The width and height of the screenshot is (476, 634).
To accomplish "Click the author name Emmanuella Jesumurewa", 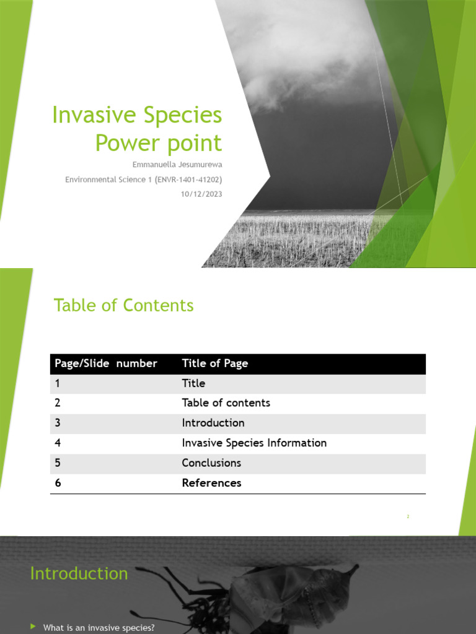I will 178,165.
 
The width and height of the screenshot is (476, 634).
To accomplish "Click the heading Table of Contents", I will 123,305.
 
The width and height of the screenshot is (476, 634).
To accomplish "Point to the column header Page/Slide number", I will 106,363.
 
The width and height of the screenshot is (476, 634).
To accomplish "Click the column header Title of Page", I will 214,363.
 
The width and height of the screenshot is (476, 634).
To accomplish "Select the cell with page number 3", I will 58,423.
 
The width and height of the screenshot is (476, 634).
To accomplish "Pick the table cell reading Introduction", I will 213,423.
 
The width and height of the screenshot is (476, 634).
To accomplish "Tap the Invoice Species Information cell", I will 254,443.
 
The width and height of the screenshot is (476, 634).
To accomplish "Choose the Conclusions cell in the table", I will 211,462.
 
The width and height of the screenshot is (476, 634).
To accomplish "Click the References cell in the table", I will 211,483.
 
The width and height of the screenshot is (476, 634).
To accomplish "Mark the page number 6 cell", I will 58,483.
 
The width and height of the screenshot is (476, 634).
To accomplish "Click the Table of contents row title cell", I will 226,402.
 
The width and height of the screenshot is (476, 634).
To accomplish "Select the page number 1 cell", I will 58,383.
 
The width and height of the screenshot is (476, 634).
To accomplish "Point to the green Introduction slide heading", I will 79,573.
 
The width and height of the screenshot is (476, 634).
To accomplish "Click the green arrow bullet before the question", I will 33,627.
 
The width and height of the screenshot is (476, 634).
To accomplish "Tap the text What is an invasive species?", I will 99,628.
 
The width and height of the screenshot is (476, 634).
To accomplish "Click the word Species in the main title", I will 182,115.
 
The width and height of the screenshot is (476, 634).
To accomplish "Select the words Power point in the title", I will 158,143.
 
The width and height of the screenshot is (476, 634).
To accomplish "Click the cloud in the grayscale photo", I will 297,56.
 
